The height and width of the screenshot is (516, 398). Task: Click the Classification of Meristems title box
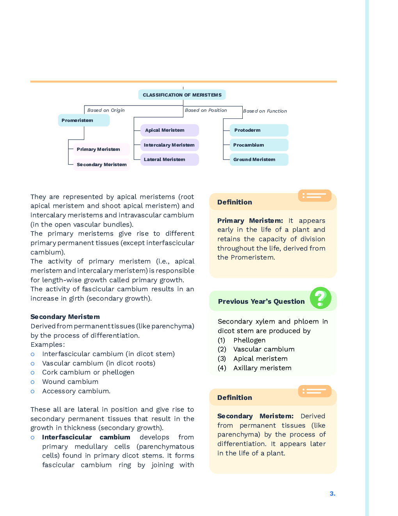tap(182, 95)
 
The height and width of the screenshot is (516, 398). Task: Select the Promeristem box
tap(84, 120)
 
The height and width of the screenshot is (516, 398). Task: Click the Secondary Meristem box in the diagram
tap(101, 165)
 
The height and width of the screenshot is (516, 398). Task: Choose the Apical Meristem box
tap(169, 130)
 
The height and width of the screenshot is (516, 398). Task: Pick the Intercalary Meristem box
tap(169, 145)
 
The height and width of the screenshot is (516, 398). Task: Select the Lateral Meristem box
tap(169, 159)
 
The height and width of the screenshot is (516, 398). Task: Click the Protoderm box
tap(259, 130)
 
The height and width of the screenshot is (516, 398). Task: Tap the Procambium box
tap(259, 145)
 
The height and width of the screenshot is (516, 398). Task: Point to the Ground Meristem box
tap(259, 159)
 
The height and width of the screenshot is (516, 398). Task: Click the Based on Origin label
tap(106, 110)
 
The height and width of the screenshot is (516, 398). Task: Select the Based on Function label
tap(265, 111)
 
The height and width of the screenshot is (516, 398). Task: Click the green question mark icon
tap(320, 298)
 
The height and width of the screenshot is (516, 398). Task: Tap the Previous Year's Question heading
tap(261, 301)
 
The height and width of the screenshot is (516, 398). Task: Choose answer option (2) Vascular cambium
tap(264, 349)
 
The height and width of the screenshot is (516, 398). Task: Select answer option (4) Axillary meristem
tap(262, 368)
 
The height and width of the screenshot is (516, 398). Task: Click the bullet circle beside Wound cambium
tap(32, 382)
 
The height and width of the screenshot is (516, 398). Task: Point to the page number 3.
tap(332, 494)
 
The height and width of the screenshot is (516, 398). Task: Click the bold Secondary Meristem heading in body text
tap(65, 317)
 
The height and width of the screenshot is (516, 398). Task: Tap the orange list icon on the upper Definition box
tap(314, 195)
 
